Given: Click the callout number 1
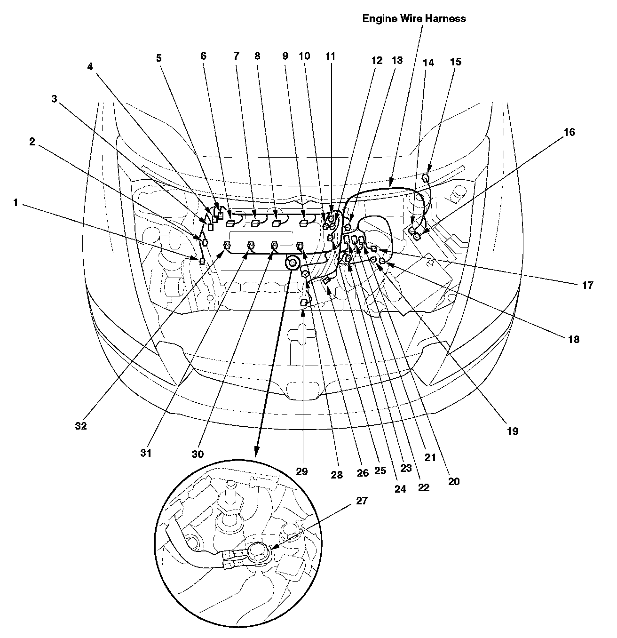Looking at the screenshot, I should [x=16, y=203].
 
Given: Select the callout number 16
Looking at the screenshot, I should [x=569, y=132].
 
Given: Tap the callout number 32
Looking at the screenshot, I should [x=80, y=426].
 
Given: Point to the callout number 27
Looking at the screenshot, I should [x=361, y=501].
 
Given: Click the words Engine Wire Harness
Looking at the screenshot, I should [x=414, y=19].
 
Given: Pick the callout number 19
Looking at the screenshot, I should [x=512, y=431].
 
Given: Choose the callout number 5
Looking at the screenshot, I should [x=159, y=58].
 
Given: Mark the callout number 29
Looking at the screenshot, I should [x=302, y=471].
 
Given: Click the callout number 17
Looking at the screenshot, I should [x=587, y=285].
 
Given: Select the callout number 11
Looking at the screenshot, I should [x=331, y=56].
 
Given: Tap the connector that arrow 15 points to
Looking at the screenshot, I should [x=426, y=177].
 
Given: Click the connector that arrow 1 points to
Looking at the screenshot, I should [x=202, y=261].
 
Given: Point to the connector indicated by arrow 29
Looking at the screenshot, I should [x=304, y=303].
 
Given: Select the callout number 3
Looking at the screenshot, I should [x=54, y=99].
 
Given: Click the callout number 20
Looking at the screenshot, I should [x=453, y=481].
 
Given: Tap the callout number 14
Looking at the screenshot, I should [x=428, y=62].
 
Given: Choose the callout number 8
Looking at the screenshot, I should [x=257, y=56].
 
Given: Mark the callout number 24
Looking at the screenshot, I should [x=400, y=489].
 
